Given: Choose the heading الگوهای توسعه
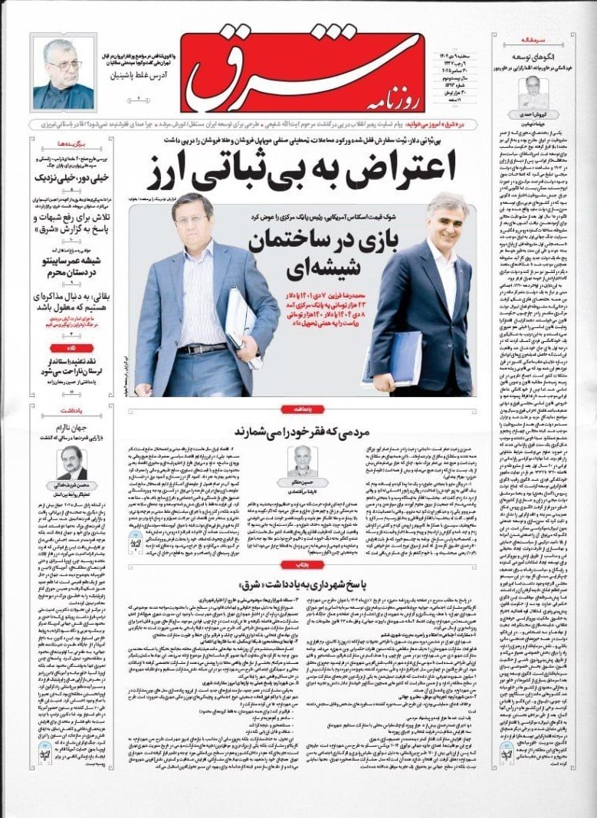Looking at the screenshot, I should click(x=542, y=56).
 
